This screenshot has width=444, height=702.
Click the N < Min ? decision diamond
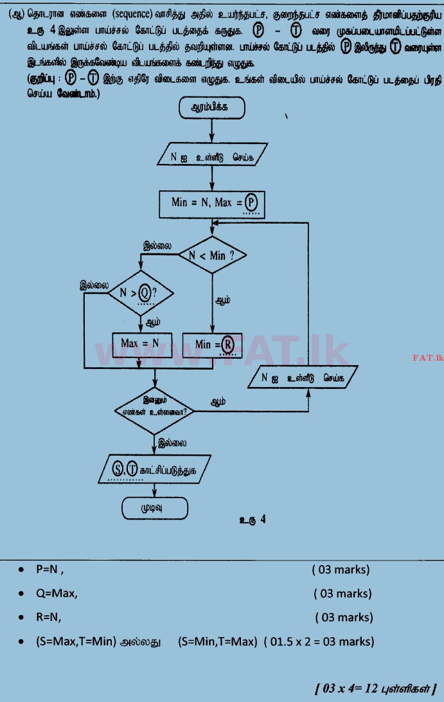tap(211, 255)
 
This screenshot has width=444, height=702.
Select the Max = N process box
tap(139, 344)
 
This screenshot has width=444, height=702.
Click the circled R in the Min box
tap(227, 345)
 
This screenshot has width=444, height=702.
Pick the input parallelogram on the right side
tap(299, 377)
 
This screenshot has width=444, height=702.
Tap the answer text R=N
tap(50, 617)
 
